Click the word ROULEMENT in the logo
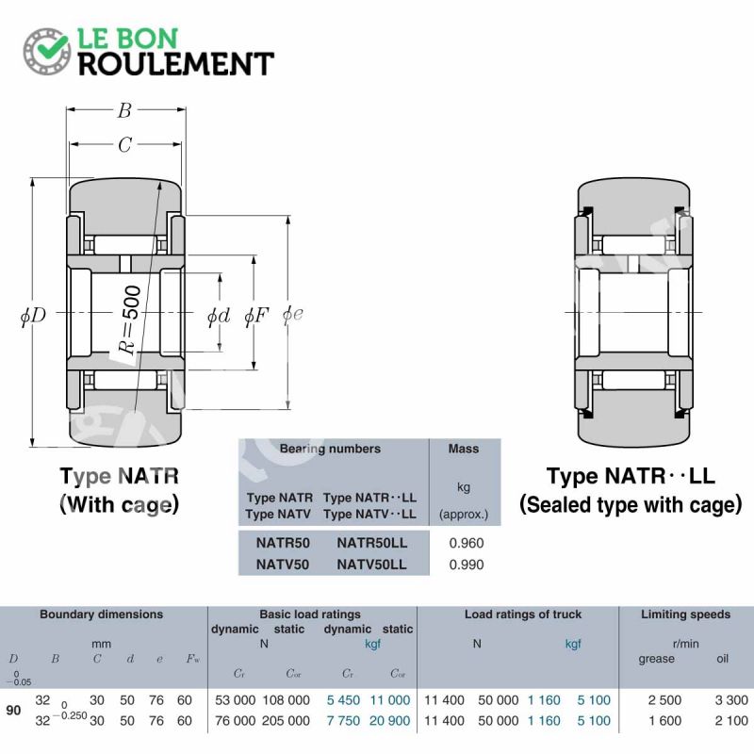point(176,64)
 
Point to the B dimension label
point(125,110)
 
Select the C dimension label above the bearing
point(125,144)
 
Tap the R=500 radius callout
point(130,320)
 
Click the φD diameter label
point(33,316)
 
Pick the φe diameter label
point(293,314)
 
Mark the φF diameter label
point(256,316)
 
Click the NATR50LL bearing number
point(371,543)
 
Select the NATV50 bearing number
point(282,564)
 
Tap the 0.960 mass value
point(466,543)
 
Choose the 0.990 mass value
point(466,564)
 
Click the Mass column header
point(464,449)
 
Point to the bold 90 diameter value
point(13,711)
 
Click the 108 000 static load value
point(287,700)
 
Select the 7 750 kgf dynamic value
point(343,721)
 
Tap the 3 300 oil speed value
point(731,700)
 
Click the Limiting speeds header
point(685,615)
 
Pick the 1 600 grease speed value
point(664,721)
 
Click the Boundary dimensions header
point(102,615)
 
